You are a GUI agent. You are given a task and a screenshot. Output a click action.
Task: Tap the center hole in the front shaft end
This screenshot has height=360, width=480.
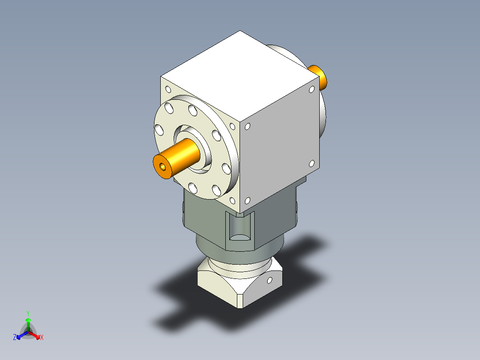click(162, 168)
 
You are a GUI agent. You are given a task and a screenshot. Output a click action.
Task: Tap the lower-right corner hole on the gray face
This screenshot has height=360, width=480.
click(312, 164)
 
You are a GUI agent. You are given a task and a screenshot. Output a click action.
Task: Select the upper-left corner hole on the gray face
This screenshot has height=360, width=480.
click(248, 127)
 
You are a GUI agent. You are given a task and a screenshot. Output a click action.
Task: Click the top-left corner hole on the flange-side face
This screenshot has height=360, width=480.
click(167, 89)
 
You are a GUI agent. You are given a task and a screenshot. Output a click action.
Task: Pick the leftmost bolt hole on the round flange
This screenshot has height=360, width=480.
click(159, 130)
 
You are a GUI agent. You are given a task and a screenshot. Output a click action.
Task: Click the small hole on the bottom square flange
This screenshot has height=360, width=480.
click(269, 280)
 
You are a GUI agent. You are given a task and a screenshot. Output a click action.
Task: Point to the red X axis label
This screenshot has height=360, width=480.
click(42, 337)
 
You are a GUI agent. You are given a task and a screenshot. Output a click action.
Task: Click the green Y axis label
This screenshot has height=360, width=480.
click(28, 313)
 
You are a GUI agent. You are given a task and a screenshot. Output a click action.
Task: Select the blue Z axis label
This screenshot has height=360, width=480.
click(15, 337)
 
